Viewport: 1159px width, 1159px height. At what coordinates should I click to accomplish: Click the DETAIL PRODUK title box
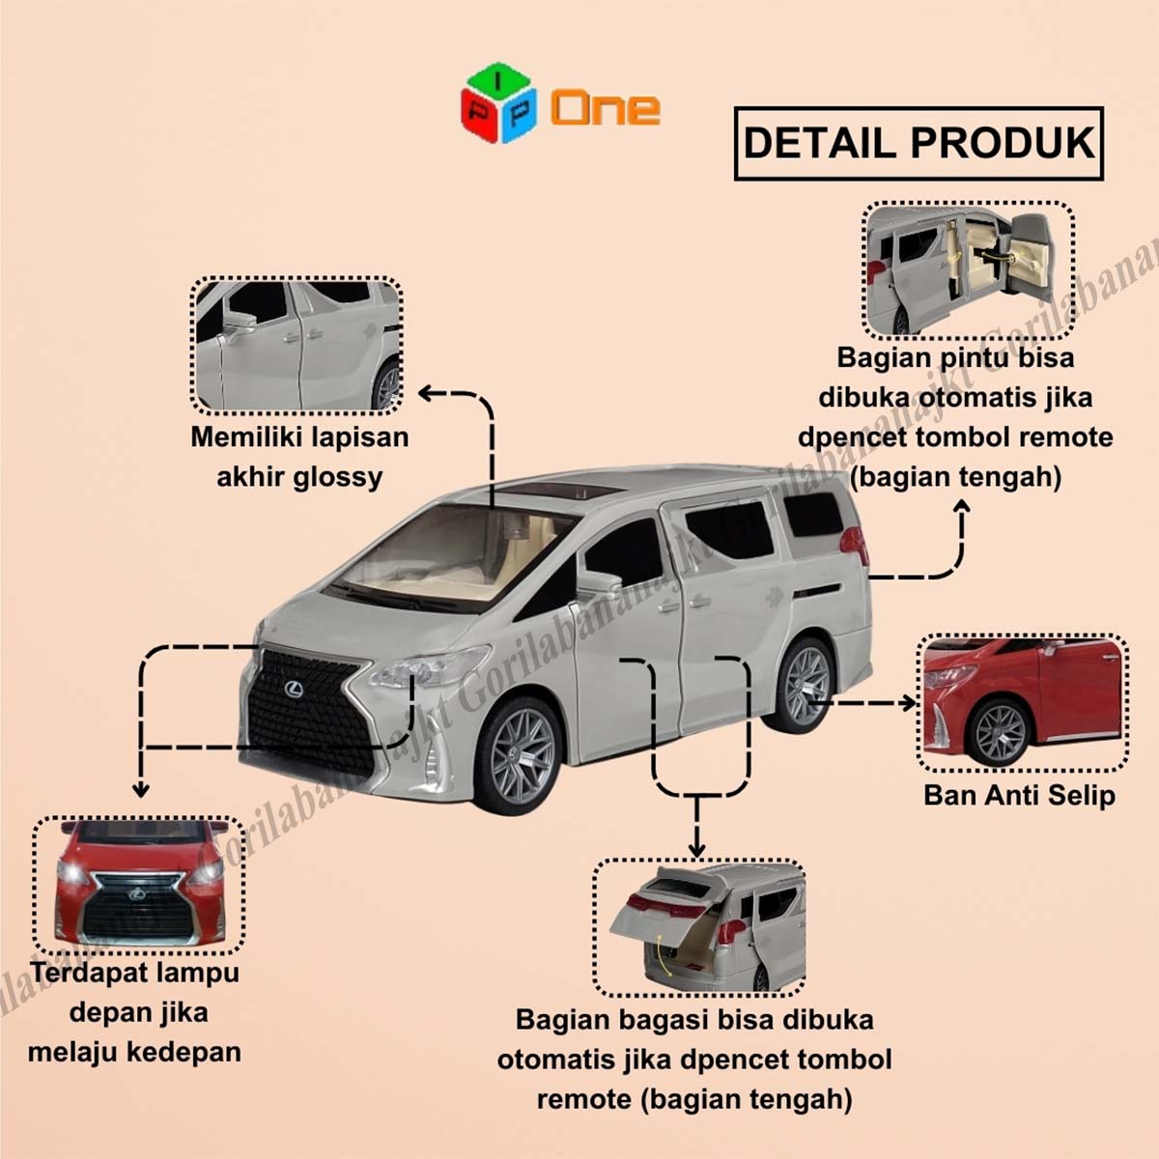[919, 143]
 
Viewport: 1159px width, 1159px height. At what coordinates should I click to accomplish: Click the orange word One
[606, 107]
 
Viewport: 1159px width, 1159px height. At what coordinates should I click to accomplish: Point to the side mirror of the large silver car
[599, 583]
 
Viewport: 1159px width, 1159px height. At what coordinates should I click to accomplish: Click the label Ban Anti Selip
[1019, 796]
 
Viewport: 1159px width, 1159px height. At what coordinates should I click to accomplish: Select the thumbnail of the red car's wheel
[1022, 703]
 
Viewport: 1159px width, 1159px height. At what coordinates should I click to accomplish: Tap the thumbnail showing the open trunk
[698, 927]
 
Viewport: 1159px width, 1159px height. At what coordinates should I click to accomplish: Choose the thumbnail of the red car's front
[140, 885]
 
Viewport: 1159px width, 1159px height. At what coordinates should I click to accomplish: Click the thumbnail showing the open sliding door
[968, 269]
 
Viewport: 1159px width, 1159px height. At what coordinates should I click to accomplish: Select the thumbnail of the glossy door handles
[297, 346]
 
